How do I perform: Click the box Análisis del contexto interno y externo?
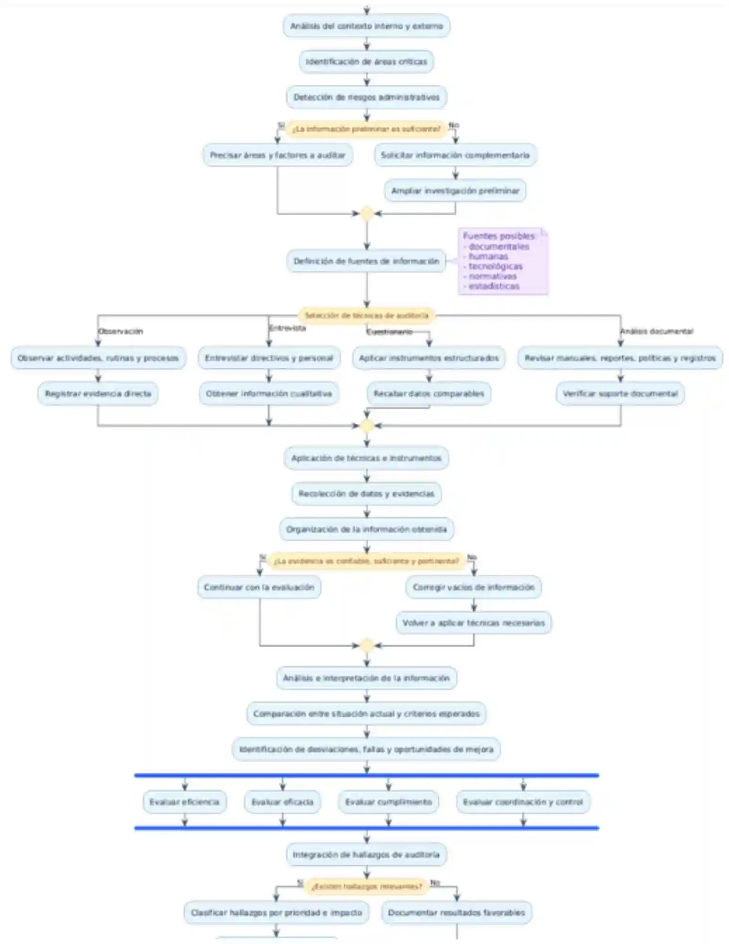[x=366, y=26]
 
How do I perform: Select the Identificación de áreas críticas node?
[x=366, y=62]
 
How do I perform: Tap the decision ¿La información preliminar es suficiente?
[x=366, y=129]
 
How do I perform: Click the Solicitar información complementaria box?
[x=455, y=155]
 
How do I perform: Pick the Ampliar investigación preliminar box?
[x=455, y=191]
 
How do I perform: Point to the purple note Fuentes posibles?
[x=503, y=261]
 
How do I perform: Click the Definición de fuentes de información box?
[x=366, y=261]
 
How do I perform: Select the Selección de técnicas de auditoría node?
[x=366, y=315]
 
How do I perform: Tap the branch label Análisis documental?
[x=656, y=331]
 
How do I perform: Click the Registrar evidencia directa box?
[x=98, y=394]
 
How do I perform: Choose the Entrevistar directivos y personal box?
[x=269, y=358]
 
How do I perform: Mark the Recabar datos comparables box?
[x=428, y=394]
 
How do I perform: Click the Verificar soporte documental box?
[x=620, y=394]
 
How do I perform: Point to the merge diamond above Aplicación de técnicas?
[x=367, y=426]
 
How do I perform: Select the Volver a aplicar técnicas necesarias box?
[x=473, y=623]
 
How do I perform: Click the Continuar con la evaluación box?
[x=259, y=588]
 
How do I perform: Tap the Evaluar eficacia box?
[x=282, y=802]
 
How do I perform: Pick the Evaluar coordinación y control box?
[x=523, y=802]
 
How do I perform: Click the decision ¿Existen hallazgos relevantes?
[x=366, y=886]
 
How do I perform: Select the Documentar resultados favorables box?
[x=456, y=913]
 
